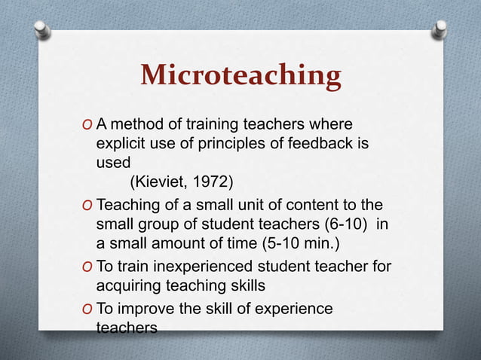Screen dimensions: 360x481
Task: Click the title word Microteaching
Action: pos(240,76)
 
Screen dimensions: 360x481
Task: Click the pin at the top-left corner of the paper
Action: pos(43,29)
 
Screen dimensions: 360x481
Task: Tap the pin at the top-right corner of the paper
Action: pos(440,29)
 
